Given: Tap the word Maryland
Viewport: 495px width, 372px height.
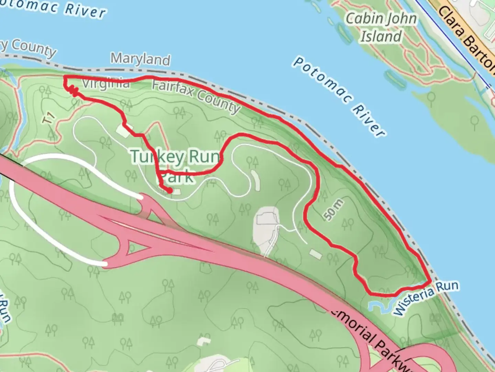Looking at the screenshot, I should point(141,59).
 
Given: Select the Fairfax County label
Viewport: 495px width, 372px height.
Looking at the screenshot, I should point(196,96).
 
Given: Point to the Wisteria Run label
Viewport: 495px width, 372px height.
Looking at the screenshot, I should point(426,298).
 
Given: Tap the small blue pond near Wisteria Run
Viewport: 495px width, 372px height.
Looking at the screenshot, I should point(375,306).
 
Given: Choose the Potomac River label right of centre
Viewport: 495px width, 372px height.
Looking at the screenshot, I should point(339,96).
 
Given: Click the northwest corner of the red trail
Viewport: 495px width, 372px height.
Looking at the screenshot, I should point(65,77).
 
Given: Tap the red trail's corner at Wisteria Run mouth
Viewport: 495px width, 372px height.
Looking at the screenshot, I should point(430,282).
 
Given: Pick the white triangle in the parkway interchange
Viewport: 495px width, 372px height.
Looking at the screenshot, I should point(138,247).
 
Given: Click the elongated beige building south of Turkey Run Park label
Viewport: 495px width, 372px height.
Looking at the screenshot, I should point(256,180).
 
